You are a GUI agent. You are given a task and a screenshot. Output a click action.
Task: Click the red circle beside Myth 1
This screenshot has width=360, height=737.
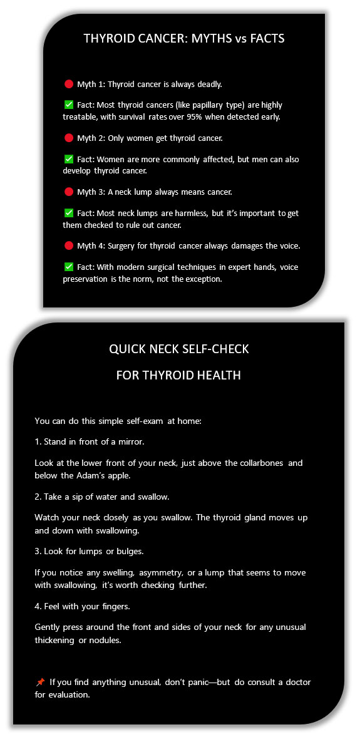pos(69,84)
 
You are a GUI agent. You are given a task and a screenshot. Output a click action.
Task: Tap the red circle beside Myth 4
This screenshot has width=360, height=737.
pos(69,245)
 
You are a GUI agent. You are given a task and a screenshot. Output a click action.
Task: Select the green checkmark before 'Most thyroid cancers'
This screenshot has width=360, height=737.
pos(69,105)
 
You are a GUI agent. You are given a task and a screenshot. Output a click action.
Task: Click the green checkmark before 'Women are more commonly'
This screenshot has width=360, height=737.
pos(69,159)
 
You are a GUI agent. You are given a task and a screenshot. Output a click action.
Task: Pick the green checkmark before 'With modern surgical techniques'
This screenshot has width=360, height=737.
pos(69,267)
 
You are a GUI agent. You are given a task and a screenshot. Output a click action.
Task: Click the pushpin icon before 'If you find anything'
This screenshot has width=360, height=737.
pos(40,682)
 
